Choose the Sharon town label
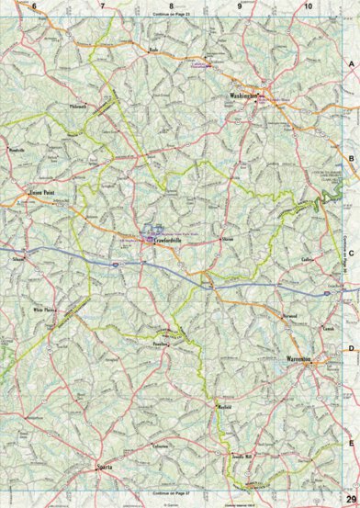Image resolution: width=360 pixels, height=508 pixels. (228, 240)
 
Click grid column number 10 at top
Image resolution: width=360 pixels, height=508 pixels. (309, 7)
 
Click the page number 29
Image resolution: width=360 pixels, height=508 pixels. (351, 500)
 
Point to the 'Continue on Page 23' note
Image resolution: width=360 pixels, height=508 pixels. (172, 16)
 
